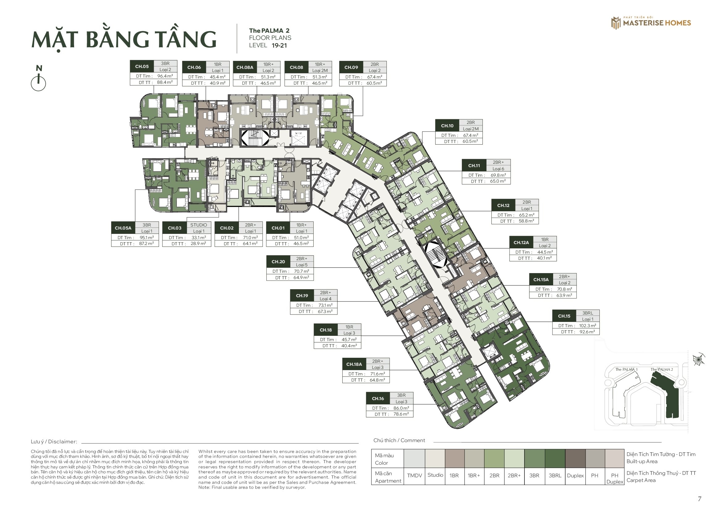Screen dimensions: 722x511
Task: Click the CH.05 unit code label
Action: click(142, 66)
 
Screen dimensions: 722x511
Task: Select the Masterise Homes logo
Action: click(651, 23)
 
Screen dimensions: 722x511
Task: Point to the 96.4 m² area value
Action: click(165, 76)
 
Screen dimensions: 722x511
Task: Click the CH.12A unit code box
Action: click(521, 243)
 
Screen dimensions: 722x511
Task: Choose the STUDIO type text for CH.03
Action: click(199, 225)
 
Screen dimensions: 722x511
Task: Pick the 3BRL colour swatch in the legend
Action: click(555, 458)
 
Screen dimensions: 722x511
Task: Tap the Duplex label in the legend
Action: click(575, 475)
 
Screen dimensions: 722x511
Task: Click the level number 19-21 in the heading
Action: click(279, 45)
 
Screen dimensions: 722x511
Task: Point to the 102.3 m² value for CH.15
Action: click(587, 326)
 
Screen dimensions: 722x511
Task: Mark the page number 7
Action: click(699, 499)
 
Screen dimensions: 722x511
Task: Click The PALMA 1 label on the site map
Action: click(626, 370)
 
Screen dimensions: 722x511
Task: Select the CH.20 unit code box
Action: click(278, 262)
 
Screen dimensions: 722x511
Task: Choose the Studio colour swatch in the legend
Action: click(435, 458)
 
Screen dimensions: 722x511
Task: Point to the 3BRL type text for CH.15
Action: click(587, 313)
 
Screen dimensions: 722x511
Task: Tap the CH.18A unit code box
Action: click(354, 364)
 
